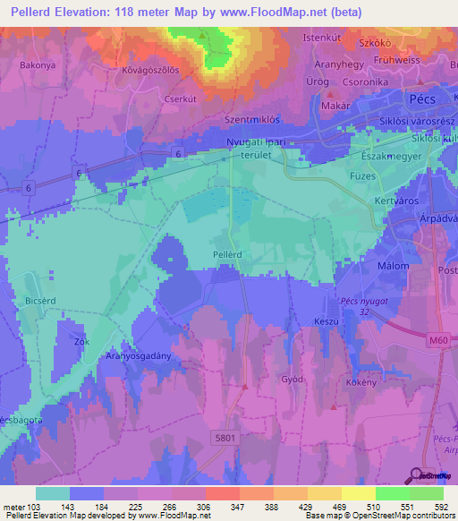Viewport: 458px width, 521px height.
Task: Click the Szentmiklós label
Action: pos(253,119)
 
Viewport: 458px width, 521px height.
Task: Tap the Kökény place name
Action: pos(360,381)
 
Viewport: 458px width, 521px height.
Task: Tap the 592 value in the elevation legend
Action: pos(440,508)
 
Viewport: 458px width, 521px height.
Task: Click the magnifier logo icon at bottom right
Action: pos(417,475)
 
